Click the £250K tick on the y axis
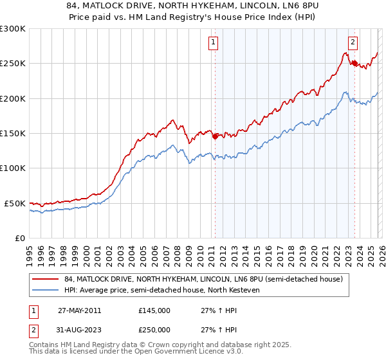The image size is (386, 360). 13,64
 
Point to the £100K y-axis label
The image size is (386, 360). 13,168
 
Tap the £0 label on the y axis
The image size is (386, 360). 19,238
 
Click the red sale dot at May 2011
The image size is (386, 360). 215,136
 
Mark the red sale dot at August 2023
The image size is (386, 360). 354,63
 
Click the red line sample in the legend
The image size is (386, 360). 46,279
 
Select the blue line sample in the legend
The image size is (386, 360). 46,290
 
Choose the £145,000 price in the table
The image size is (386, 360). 154,310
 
